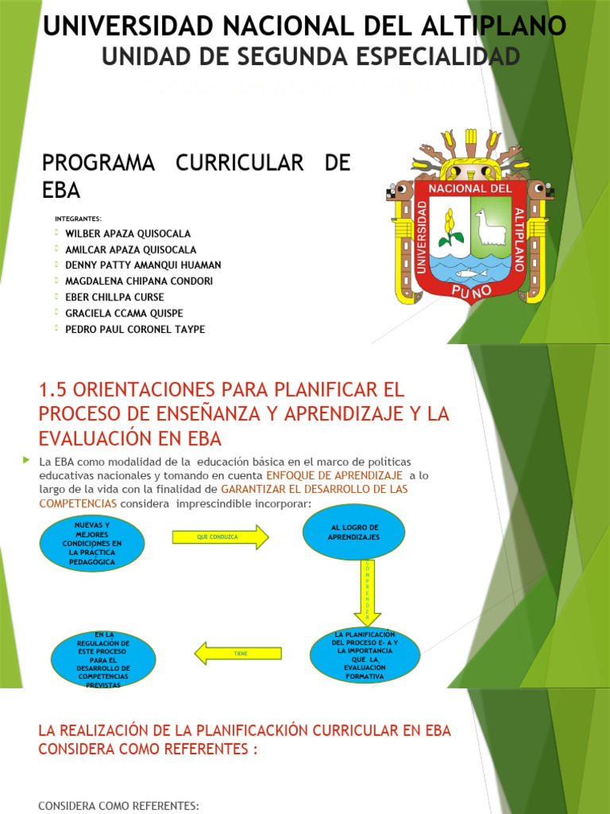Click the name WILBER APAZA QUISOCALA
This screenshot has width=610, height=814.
[x=128, y=234]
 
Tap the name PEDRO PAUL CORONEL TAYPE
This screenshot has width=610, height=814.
[x=135, y=329]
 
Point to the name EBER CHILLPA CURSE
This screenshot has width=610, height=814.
[x=114, y=297]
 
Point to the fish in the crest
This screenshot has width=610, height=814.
[x=472, y=273]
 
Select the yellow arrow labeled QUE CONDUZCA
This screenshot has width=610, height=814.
[x=221, y=537]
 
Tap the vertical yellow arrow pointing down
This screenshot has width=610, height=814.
[x=368, y=591]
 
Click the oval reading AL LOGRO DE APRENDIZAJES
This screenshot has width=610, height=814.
[x=353, y=533]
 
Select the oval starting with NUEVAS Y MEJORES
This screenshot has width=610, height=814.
[x=92, y=544]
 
